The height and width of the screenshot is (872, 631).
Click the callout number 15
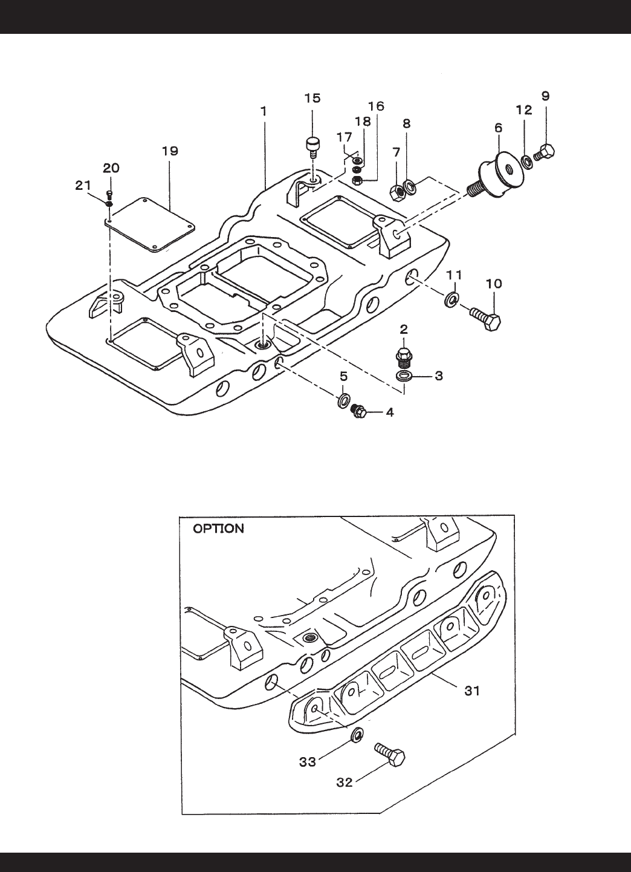(x=312, y=98)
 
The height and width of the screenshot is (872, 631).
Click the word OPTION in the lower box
(x=218, y=529)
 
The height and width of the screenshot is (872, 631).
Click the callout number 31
(x=471, y=691)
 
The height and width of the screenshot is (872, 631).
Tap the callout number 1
(x=264, y=111)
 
